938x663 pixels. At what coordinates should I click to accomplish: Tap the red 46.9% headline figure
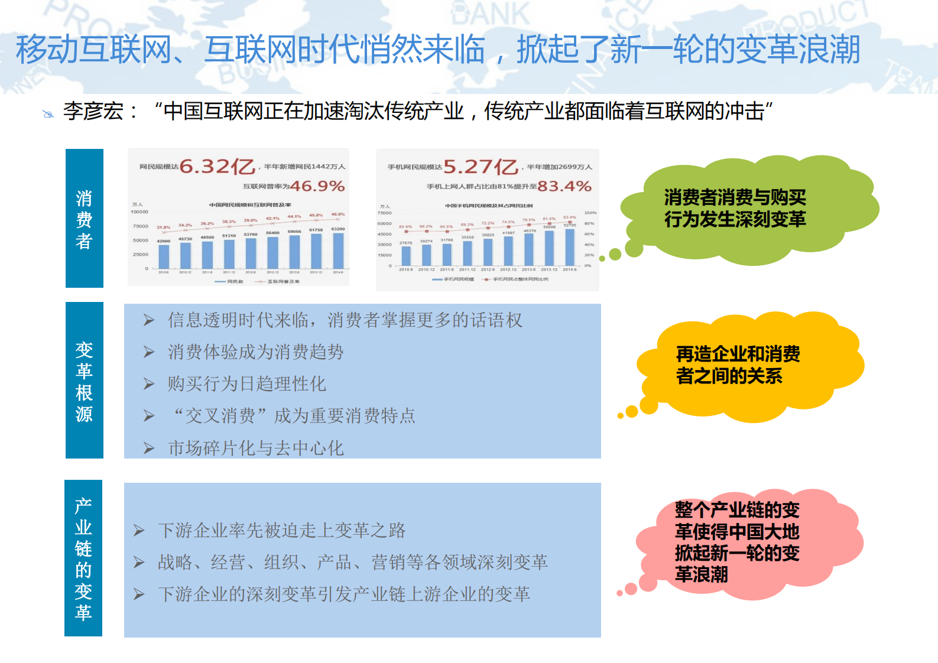click(317, 186)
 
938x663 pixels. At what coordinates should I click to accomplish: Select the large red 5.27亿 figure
click(481, 167)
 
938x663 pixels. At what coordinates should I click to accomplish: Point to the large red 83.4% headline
click(564, 186)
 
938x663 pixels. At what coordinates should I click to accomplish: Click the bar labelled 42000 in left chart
click(164, 257)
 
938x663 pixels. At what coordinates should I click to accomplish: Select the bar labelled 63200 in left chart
click(338, 251)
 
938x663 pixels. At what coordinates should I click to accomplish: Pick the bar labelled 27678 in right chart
click(406, 255)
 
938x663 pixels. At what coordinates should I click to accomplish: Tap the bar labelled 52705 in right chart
click(570, 247)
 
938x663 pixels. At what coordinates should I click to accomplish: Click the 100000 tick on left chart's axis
click(139, 212)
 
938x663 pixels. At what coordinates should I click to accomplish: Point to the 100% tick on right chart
click(590, 213)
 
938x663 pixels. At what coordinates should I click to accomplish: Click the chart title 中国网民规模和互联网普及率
click(250, 205)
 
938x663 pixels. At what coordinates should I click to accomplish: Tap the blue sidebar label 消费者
click(84, 219)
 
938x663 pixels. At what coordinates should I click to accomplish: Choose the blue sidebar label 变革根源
click(84, 382)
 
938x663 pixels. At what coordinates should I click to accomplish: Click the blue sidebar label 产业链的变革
click(83, 558)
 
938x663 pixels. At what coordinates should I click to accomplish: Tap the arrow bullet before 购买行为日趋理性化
click(149, 384)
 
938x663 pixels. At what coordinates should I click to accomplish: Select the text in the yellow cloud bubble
click(737, 365)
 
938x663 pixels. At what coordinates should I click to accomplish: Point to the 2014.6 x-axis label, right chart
click(570, 269)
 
